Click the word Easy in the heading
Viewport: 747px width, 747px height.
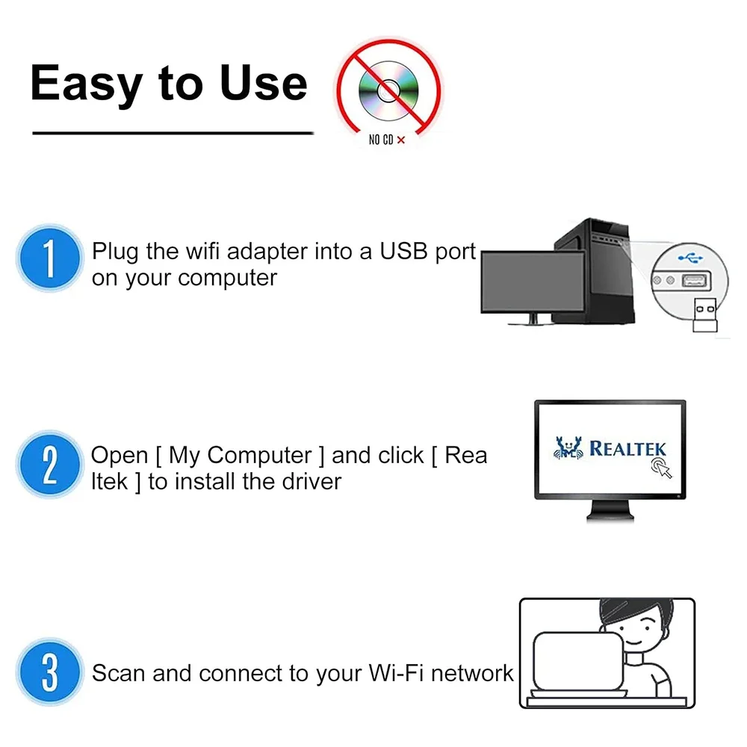tap(85, 83)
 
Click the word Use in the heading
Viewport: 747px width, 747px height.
tap(263, 83)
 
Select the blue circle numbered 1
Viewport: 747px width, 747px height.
tap(49, 258)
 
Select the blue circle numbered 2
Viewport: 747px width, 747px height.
tap(49, 464)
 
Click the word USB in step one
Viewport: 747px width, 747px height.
tap(404, 252)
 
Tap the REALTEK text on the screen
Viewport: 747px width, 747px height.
tap(627, 448)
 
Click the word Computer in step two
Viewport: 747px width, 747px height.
tap(259, 455)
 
